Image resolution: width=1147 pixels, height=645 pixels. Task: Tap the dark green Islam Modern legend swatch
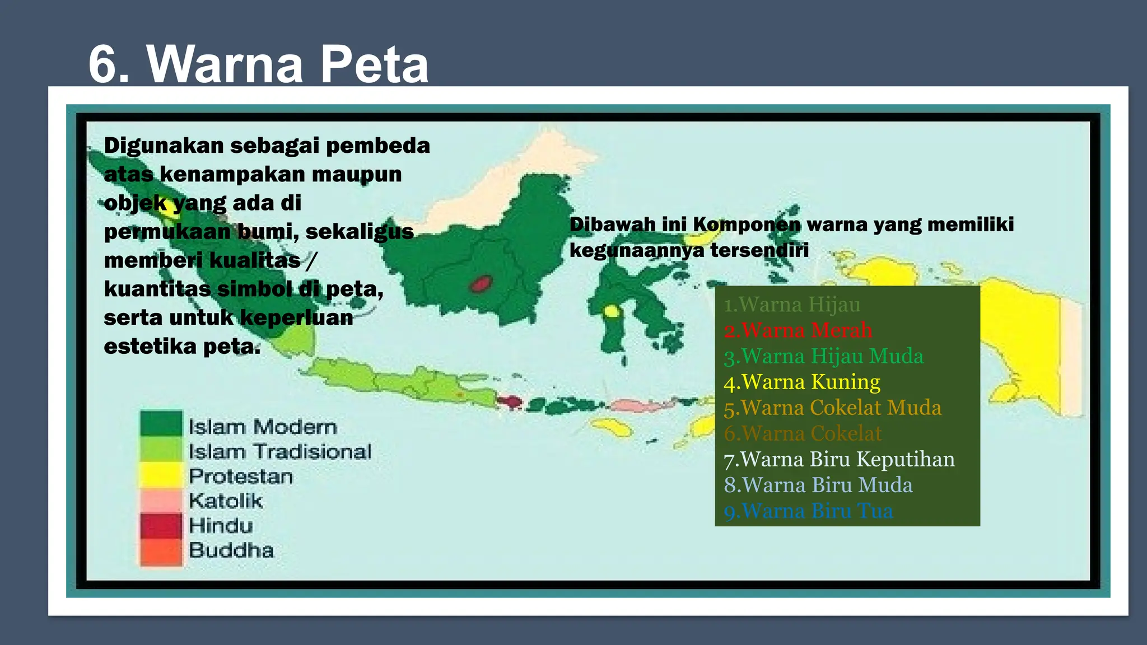[161, 424]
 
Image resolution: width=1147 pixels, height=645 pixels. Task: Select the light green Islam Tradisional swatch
[161, 449]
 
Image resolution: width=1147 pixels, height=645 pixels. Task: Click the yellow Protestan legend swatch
[161, 475]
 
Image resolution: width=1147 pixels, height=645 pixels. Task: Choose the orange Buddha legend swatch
[161, 551]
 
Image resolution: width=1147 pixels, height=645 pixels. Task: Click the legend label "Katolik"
[226, 501]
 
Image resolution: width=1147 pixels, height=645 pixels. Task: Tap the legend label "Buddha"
[231, 550]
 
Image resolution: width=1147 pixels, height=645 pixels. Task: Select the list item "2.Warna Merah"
[798, 330]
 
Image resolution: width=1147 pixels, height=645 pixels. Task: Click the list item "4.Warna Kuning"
[802, 382]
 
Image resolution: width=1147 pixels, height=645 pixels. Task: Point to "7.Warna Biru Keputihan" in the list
[839, 459]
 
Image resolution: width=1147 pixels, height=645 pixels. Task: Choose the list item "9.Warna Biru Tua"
[808, 511]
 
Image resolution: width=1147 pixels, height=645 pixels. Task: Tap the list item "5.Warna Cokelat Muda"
[832, 408]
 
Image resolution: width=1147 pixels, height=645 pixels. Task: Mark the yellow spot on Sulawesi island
[611, 311]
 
